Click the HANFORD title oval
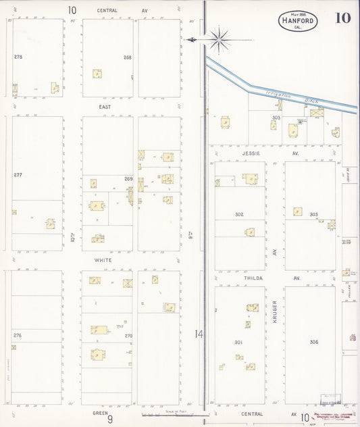pyautogui.click(x=298, y=21)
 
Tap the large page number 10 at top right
pyautogui.click(x=342, y=18)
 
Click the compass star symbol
pyautogui.click(x=220, y=40)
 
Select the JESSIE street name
pyautogui.click(x=243, y=153)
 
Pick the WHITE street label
pyautogui.click(x=103, y=260)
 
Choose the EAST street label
pyautogui.click(x=105, y=107)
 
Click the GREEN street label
pyautogui.click(x=101, y=411)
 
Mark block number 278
pyautogui.click(x=18, y=57)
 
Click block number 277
pyautogui.click(x=18, y=175)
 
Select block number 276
pyautogui.click(x=18, y=335)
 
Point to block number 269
pyautogui.click(x=128, y=179)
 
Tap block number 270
pyautogui.click(x=128, y=336)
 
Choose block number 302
pyautogui.click(x=239, y=214)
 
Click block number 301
pyautogui.click(x=238, y=342)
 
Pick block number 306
pyautogui.click(x=314, y=342)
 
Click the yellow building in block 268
pyautogui.click(x=97, y=74)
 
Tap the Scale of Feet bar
pyautogui.click(x=167, y=414)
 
